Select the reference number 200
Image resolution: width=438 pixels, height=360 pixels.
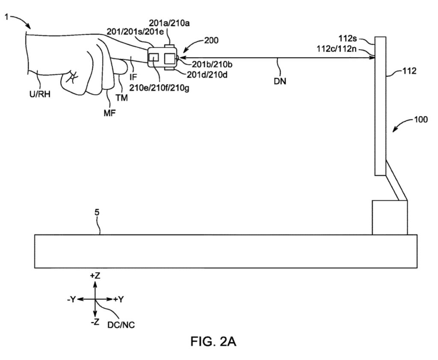[211, 41]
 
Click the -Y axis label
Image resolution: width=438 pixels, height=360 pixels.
[71, 299]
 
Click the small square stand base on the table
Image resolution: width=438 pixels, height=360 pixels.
[390, 217]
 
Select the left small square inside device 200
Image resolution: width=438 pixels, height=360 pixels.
[154, 57]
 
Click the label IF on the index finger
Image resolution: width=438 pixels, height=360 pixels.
[133, 77]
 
